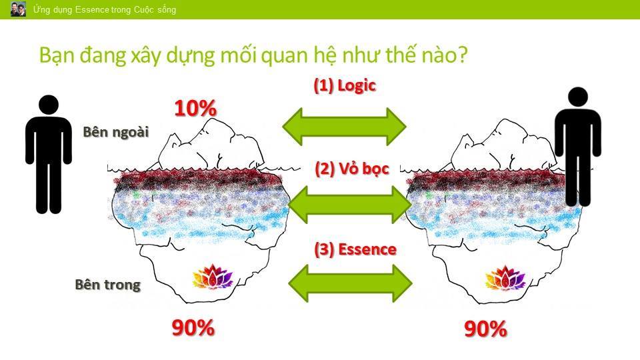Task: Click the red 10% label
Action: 195,108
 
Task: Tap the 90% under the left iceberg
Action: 193,327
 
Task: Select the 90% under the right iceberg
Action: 485,329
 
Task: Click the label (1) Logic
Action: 345,85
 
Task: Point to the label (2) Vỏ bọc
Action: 352,168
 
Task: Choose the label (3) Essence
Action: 355,249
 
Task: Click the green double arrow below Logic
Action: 344,127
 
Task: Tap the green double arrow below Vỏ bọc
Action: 350,205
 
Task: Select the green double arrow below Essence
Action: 350,283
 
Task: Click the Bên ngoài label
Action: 115,132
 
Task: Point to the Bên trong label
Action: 108,285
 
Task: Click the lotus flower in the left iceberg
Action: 212,277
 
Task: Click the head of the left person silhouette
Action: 49,105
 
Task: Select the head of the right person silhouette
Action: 578,97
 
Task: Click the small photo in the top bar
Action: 18,9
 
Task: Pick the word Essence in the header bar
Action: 92,9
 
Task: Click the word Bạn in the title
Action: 57,55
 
